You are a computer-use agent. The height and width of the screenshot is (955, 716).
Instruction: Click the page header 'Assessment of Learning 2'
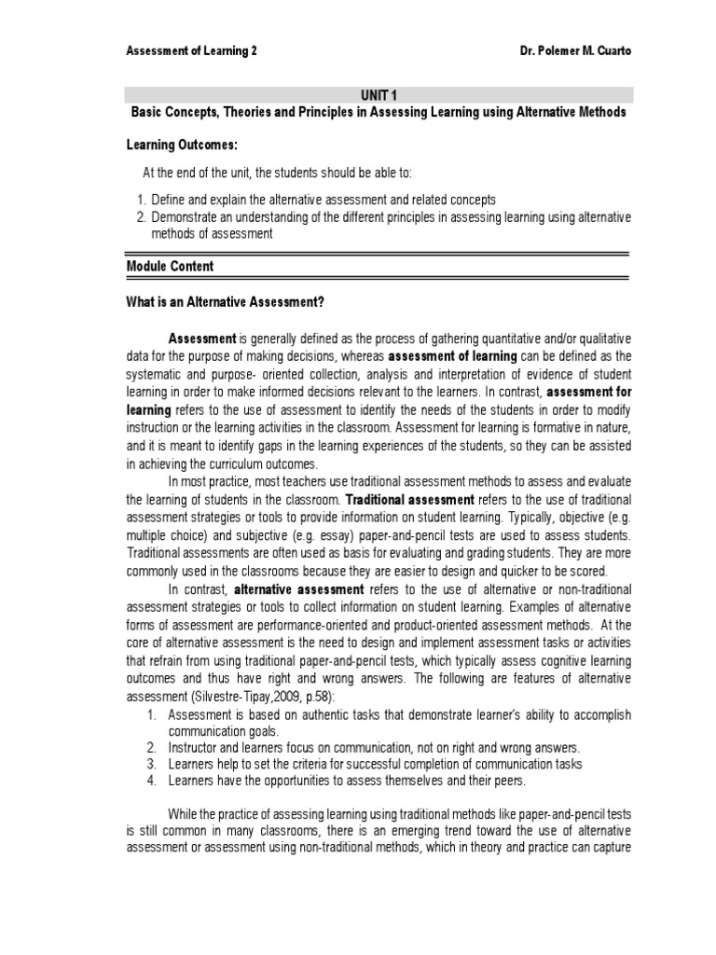tap(192, 52)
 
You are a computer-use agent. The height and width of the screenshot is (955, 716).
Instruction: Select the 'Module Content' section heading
tap(170, 266)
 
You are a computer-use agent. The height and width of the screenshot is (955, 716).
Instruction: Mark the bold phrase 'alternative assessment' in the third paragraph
tap(298, 589)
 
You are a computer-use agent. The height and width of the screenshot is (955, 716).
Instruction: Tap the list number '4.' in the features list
tap(153, 781)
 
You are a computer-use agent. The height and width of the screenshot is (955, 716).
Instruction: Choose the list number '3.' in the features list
tap(153, 764)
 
